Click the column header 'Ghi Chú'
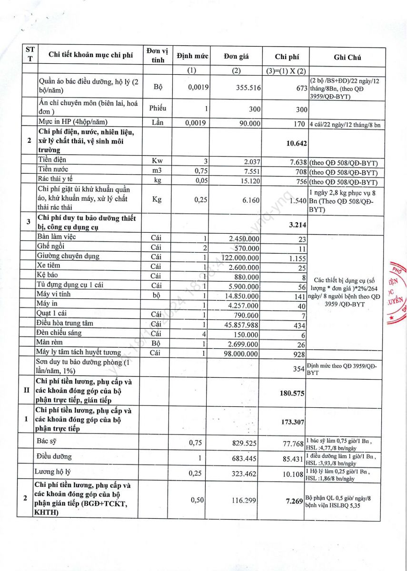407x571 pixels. pos(347,57)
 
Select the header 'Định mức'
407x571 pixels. pos(192,56)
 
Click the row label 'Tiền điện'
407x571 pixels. pos(52,159)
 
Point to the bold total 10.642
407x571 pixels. pos(298,143)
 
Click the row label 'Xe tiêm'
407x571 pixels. pos(49,266)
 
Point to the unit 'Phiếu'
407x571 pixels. pos(158,108)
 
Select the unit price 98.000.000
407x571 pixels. pos(241,354)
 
